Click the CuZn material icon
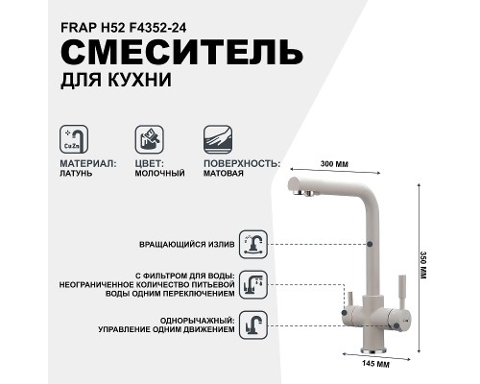[74, 139]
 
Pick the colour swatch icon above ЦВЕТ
[147, 139]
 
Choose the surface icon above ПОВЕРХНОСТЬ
[219, 139]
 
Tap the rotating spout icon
[253, 244]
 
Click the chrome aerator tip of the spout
[304, 193]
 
